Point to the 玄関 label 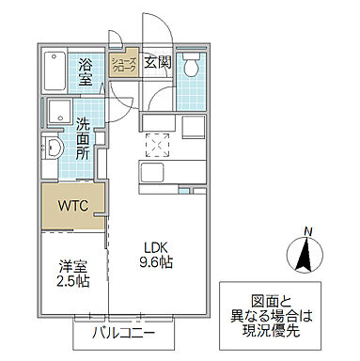pyautogui.click(x=158, y=63)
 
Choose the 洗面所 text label pyautogui.click(x=85, y=137)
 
